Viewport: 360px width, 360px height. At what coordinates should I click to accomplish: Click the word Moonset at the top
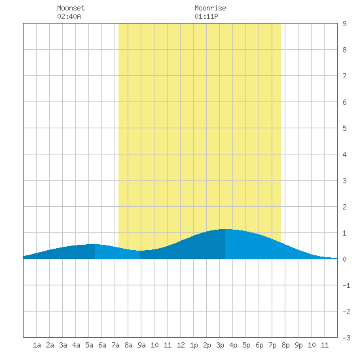coord(71,8)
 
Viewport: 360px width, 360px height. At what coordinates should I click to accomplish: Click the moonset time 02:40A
coord(69,16)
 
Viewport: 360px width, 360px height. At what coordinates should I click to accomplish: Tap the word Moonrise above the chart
coord(210,8)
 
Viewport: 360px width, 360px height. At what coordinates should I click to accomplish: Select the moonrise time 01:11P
coord(206,16)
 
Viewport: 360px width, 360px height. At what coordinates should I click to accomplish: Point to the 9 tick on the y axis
coord(344,24)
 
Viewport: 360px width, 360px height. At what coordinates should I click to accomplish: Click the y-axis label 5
coord(344,128)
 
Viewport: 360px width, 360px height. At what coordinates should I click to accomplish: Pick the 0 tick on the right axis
coord(344,259)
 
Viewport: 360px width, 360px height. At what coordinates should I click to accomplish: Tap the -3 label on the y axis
coord(346,338)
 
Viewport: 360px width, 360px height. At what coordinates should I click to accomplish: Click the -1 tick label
coord(346,285)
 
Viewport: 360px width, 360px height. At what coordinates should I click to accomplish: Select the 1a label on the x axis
coord(37,345)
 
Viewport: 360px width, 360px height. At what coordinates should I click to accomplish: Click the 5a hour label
coord(89,345)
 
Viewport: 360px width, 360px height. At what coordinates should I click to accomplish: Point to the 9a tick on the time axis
coord(141,345)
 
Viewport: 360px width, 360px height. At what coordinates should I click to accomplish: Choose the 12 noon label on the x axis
coord(181,345)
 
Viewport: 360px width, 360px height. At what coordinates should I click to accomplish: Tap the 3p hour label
coord(220,345)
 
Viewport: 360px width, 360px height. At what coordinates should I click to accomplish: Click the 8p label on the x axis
coord(285,345)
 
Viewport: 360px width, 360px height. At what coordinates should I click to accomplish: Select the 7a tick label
coord(115,345)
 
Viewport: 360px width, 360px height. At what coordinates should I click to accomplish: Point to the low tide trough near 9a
coord(140,251)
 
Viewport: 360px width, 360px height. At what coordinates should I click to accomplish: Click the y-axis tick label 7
coord(344,76)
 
